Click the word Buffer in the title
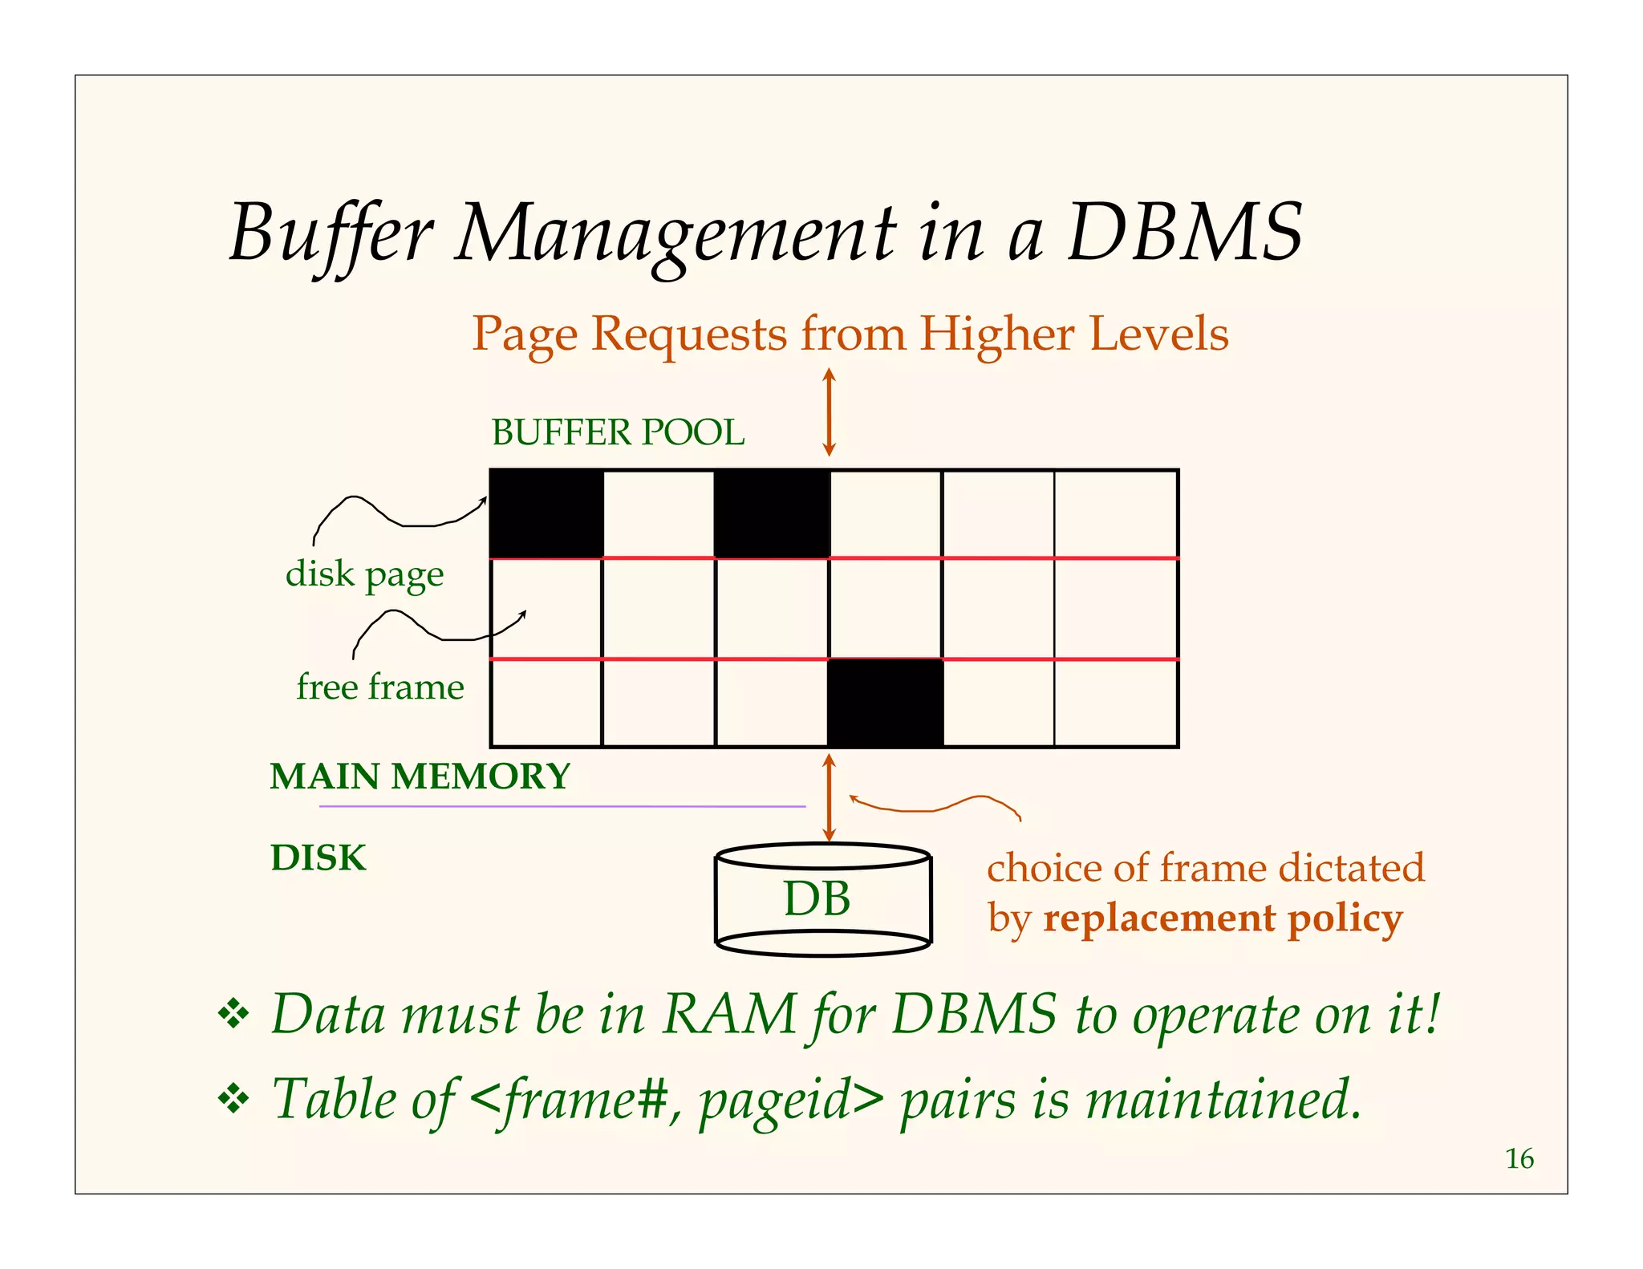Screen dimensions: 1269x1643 (331, 233)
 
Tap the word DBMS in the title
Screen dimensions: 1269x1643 (1185, 233)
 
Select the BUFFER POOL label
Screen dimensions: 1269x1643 (618, 433)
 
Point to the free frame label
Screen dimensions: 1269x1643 (379, 687)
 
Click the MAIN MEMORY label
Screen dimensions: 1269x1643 (420, 776)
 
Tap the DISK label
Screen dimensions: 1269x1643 (318, 858)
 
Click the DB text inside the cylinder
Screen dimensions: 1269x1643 (817, 898)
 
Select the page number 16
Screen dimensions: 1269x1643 (1519, 1159)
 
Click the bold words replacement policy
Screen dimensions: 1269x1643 (1223, 918)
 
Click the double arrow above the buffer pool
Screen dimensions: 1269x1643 (830, 412)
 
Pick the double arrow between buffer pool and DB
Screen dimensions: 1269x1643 (830, 797)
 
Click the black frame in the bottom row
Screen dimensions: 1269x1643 (886, 703)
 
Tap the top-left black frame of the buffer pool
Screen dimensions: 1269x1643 (546, 514)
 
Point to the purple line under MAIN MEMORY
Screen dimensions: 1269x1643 (562, 806)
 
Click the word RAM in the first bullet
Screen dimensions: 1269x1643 (729, 1015)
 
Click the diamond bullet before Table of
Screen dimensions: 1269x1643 (233, 1099)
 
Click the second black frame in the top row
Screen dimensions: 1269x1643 (772, 514)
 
